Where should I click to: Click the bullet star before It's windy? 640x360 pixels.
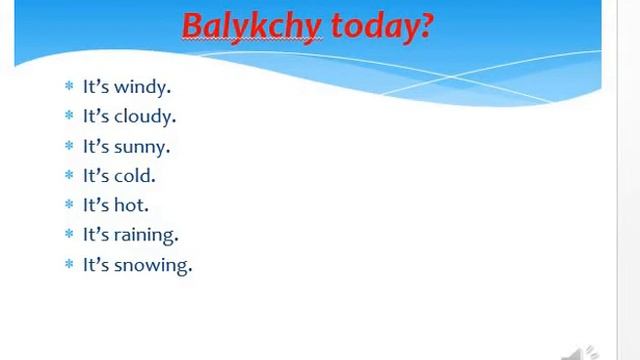69,87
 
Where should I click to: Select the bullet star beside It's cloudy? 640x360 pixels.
69,116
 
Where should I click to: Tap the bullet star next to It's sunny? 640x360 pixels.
69,146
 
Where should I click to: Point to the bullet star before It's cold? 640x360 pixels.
69,175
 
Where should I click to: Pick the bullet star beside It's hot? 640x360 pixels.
69,205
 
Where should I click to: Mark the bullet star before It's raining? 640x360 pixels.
69,235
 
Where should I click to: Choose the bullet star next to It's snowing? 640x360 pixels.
69,265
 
